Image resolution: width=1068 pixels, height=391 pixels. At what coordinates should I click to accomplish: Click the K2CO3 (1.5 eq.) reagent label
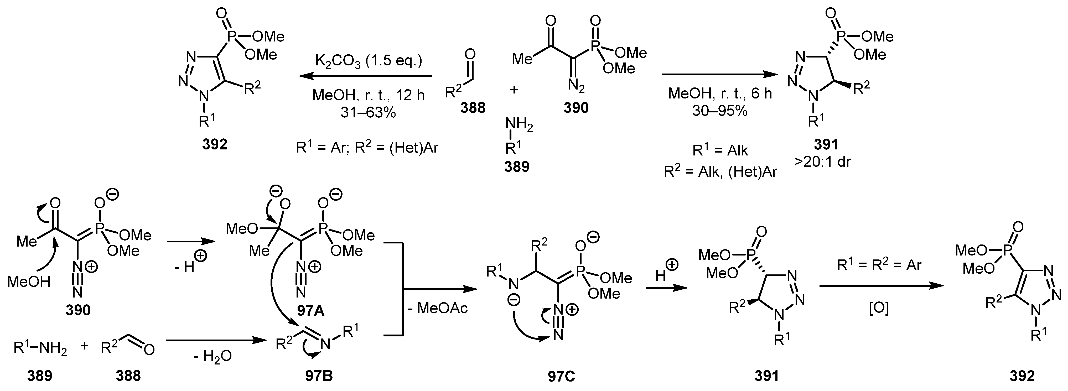pos(368,61)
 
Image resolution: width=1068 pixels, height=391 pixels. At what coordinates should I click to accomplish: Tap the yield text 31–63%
pos(368,112)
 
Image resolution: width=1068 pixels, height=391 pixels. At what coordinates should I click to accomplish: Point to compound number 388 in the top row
pos(473,108)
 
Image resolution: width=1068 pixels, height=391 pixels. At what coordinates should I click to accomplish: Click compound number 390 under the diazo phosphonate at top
pos(576,108)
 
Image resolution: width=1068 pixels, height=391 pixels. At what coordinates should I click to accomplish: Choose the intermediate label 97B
pos(318,376)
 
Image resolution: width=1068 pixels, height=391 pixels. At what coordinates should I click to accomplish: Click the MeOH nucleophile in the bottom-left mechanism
pos(29,282)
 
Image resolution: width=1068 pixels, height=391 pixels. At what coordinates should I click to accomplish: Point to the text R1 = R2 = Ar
pos(879,265)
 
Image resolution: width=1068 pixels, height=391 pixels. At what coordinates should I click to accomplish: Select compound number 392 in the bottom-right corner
pos(1022,376)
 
